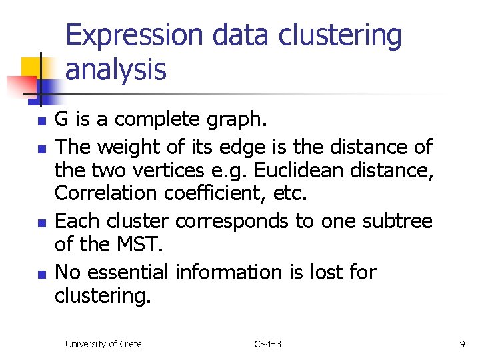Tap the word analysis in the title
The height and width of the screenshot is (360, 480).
coord(115,69)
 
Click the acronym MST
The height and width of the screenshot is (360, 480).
coord(139,245)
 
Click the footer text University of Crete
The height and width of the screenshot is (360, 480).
coord(103,344)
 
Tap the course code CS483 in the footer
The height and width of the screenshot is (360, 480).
coord(267,344)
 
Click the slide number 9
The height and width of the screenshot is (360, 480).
coord(462,344)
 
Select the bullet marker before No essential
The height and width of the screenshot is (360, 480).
coord(41,273)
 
